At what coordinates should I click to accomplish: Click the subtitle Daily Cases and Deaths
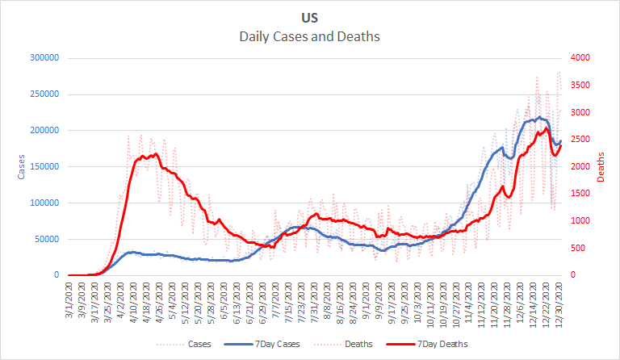point(309,36)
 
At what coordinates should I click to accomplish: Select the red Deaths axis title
point(601,166)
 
